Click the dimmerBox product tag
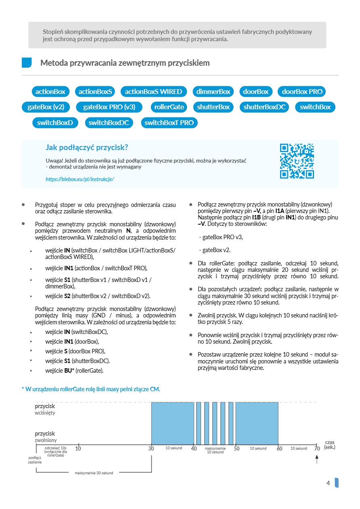coord(213,92)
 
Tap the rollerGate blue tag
coord(169,107)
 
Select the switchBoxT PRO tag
coord(169,123)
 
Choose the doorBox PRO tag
coord(302,92)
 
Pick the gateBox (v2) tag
coord(46,107)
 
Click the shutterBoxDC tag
coord(265,107)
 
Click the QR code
coord(297,161)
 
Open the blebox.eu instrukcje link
coord(80,179)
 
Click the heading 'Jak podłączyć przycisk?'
coord(87,147)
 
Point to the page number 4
coord(328,483)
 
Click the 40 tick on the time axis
coord(194,449)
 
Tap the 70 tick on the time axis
coord(317,449)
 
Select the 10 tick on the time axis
coord(78,449)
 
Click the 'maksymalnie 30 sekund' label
coord(94,473)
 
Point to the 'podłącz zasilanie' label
coord(35,460)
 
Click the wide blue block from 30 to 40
coord(173,423)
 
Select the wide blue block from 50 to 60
coord(257,423)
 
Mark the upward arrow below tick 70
coord(317,459)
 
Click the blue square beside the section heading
coord(27,63)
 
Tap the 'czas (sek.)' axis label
coord(330,444)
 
